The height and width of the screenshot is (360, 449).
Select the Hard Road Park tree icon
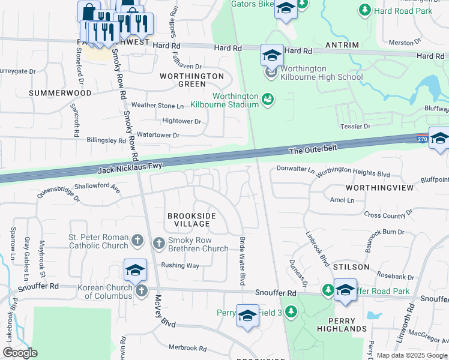[x=364, y=10]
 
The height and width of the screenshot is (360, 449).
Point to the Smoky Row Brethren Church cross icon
[x=159, y=243]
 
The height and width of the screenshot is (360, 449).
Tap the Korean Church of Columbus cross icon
[x=142, y=291]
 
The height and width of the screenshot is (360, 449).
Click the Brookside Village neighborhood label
[x=191, y=220]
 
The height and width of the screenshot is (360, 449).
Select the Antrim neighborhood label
[x=342, y=46]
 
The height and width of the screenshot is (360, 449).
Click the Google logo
[x=20, y=353]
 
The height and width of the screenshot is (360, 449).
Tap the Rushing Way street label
[x=180, y=265]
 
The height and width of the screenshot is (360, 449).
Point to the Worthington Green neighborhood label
[x=191, y=80]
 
